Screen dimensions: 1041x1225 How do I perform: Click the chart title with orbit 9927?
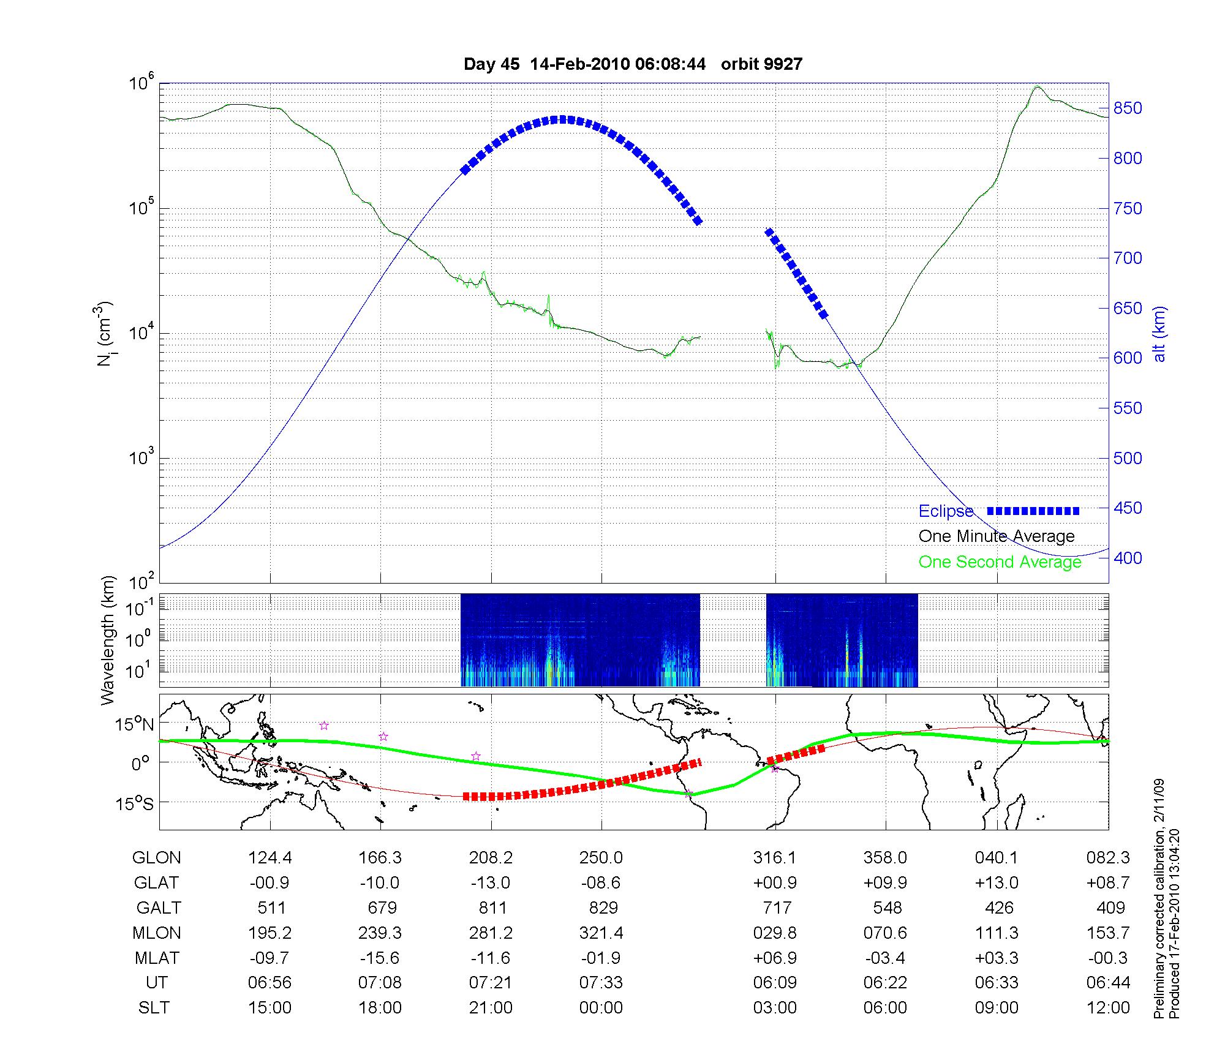[633, 64]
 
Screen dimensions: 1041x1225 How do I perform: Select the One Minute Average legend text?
[997, 536]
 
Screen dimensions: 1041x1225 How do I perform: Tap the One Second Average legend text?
[1000, 562]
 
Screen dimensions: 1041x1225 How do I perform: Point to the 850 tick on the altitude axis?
[1128, 108]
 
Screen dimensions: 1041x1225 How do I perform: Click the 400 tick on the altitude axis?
[1128, 558]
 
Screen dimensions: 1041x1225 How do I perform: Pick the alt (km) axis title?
[1159, 334]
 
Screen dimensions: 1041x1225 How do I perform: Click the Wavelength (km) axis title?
[108, 640]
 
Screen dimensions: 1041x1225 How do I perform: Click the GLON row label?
[157, 858]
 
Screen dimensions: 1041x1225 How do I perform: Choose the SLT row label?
[154, 1008]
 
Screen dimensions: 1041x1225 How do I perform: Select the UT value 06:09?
[775, 983]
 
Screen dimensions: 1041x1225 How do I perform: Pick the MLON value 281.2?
[491, 933]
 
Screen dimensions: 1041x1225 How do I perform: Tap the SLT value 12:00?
[1108, 1008]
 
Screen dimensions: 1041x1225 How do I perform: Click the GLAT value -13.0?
[491, 883]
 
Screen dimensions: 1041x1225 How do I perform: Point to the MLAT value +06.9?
[775, 958]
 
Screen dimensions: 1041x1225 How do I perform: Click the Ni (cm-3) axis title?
[105, 334]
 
